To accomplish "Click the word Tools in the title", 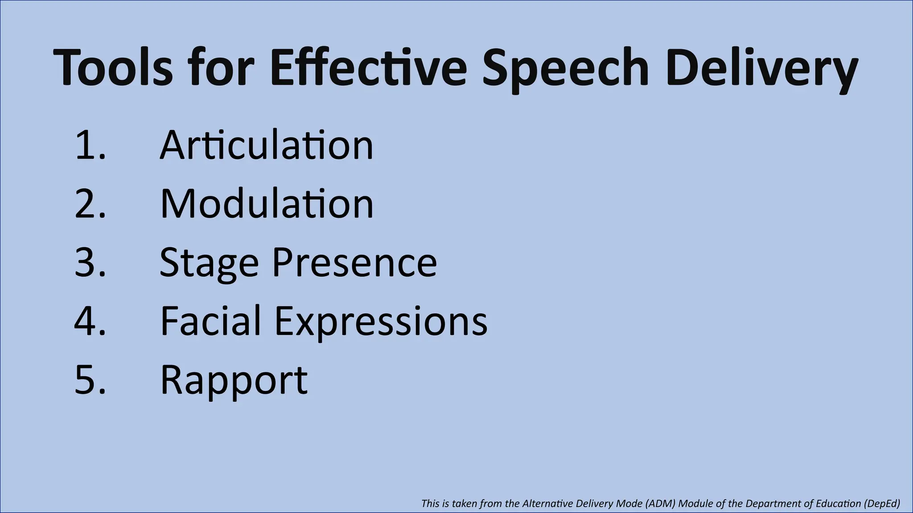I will pyautogui.click(x=113, y=68).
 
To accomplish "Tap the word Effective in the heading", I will pyautogui.click(x=368, y=68).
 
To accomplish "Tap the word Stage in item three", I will pyautogui.click(x=209, y=263).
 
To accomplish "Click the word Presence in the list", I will pyautogui.click(x=354, y=262).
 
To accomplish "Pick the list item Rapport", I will pyautogui.click(x=234, y=380).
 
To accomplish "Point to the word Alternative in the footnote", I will pyautogui.click(x=548, y=504).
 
